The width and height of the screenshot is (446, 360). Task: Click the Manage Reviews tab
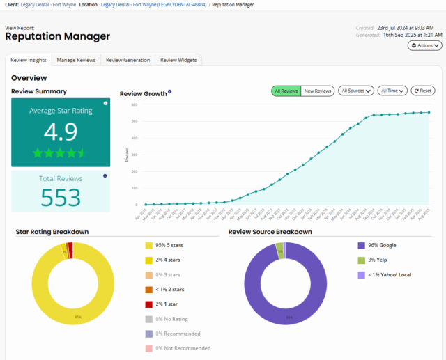pos(76,60)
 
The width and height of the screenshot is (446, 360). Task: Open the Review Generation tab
pos(128,60)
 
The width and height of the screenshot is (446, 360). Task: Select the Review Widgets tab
pos(178,60)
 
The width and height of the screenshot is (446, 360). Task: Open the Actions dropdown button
pos(424,45)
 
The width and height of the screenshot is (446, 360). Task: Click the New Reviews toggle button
pos(317,91)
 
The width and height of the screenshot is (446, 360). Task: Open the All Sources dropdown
pos(355,91)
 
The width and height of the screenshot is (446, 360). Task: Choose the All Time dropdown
pos(392,91)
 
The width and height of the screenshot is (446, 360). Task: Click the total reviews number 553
pos(60,198)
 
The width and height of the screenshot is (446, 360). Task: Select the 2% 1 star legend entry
pos(168,304)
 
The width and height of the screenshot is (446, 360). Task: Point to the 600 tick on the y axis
pos(132,105)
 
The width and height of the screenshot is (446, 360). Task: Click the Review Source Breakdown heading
pos(270,232)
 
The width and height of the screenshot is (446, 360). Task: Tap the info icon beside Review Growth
pos(170,92)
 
